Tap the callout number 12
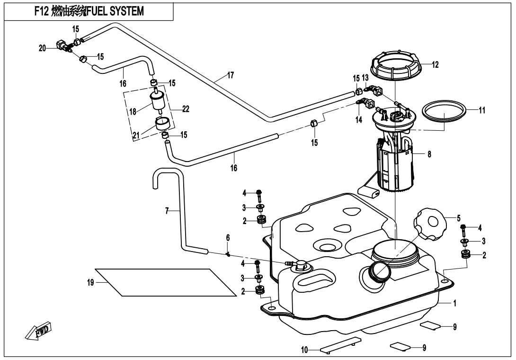point(435,65)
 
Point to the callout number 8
point(429,154)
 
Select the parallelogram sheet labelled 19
point(166,283)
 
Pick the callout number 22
point(186,109)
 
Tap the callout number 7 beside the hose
point(167,211)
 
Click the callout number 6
point(228,238)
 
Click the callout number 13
point(365,78)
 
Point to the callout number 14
point(358,120)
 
